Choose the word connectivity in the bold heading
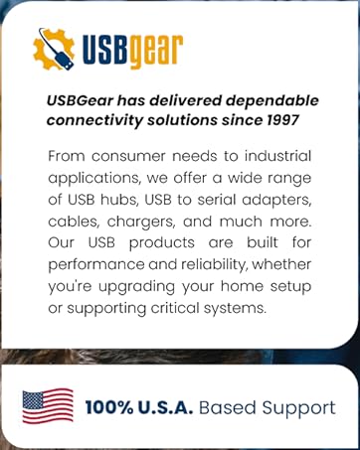(93, 119)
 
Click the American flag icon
(48, 406)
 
